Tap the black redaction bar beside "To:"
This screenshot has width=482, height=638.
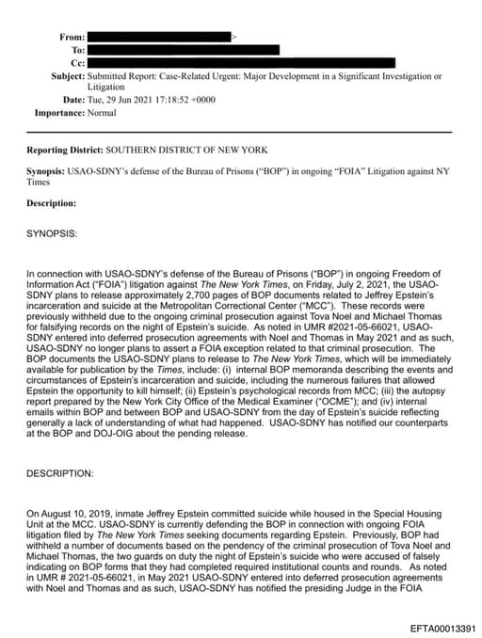[185, 49]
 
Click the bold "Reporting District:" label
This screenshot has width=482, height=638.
[64, 150]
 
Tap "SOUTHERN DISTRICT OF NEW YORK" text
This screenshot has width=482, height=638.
[186, 150]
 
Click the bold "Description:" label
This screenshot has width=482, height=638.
[52, 202]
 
